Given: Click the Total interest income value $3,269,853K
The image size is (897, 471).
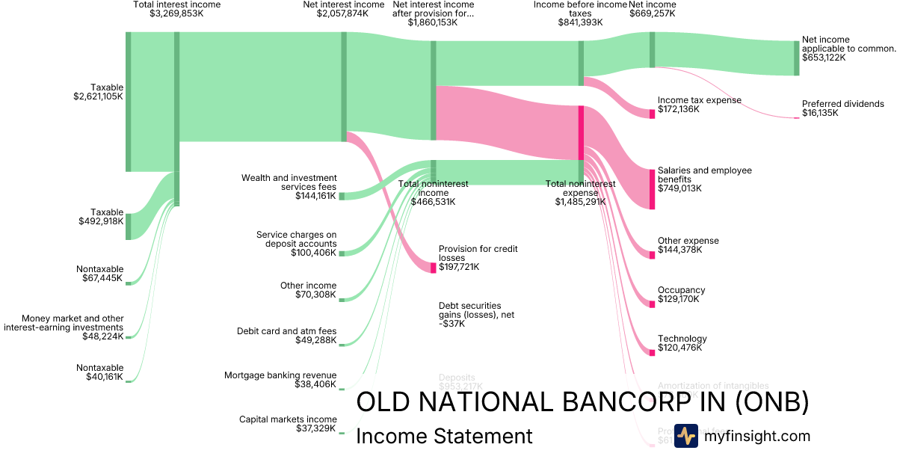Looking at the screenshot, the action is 176,13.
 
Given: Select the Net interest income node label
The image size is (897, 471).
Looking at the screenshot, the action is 343,4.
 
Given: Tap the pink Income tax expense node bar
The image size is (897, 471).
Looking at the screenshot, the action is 652,113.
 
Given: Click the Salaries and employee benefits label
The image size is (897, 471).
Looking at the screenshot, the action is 704,175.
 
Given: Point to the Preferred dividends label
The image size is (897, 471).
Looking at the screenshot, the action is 842,104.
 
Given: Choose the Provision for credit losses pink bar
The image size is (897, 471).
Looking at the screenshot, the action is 433,268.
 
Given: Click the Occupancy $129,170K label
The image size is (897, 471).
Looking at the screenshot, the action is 681,295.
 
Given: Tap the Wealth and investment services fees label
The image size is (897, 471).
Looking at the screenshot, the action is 289,182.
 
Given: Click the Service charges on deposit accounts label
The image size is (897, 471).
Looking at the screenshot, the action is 296,239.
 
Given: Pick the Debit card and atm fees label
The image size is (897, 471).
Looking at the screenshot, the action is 286,331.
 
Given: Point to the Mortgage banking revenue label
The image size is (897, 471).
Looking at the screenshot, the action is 280,375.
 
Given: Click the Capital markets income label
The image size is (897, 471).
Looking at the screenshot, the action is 287,419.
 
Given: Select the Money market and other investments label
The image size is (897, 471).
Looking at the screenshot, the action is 73,323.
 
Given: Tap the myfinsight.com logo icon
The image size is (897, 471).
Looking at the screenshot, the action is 685,436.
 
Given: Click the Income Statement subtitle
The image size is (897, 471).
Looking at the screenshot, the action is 444,437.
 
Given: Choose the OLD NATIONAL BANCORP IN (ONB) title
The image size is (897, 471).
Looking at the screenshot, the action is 582,402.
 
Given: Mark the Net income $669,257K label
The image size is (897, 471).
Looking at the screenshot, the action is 652,13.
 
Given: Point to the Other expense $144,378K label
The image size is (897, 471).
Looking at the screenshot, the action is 688,245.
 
